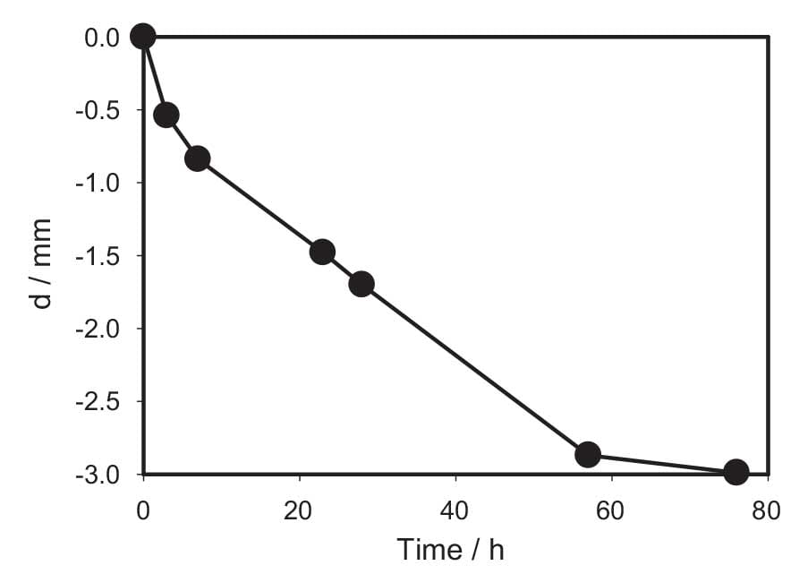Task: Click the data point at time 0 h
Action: [x=142, y=36]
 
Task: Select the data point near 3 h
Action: [x=166, y=115]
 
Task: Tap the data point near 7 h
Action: [x=198, y=158]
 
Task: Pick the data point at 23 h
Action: [x=322, y=252]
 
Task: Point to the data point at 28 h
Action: [x=361, y=284]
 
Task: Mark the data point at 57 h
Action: [x=588, y=454]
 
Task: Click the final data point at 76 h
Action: [x=736, y=471]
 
